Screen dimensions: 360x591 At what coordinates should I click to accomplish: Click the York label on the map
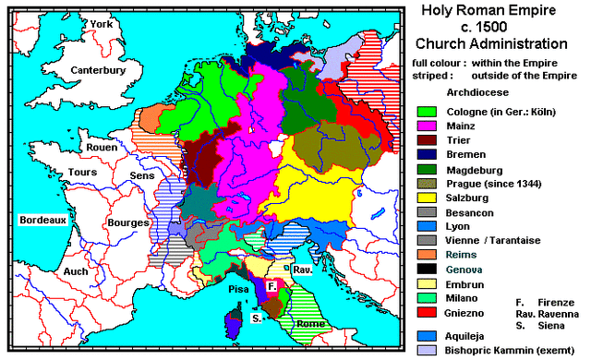click(101, 25)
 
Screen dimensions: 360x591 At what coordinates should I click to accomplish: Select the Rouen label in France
click(101, 146)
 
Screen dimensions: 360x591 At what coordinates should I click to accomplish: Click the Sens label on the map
click(141, 174)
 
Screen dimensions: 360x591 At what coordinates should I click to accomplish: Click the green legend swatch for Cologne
click(426, 111)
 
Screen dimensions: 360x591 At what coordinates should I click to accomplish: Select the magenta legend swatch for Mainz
click(426, 126)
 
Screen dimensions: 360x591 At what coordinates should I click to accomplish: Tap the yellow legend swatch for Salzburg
click(426, 197)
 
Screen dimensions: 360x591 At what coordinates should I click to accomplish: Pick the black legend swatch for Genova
click(426, 268)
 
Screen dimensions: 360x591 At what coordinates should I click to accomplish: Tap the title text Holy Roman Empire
click(489, 12)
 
